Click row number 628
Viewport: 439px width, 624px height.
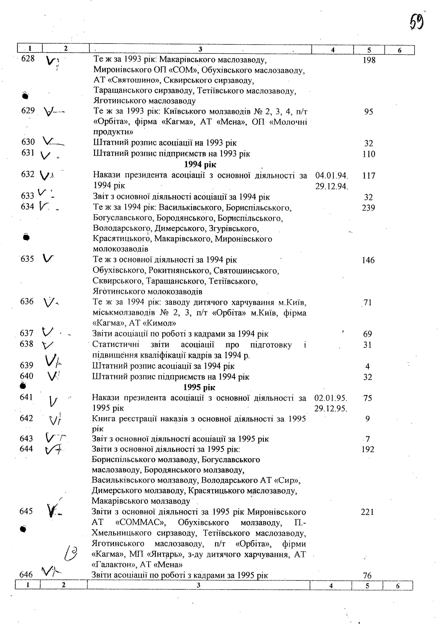point(28,58)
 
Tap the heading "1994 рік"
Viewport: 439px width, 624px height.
point(200,164)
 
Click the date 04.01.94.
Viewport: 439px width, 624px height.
point(332,176)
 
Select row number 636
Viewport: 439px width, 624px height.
point(27,301)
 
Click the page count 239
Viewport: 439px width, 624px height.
point(368,208)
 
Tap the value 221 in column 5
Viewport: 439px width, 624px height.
point(367,512)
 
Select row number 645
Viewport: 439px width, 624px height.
point(26,511)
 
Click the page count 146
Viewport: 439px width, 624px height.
point(368,260)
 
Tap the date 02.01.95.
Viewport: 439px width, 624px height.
point(331,398)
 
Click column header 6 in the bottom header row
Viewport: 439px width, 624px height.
point(398,586)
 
